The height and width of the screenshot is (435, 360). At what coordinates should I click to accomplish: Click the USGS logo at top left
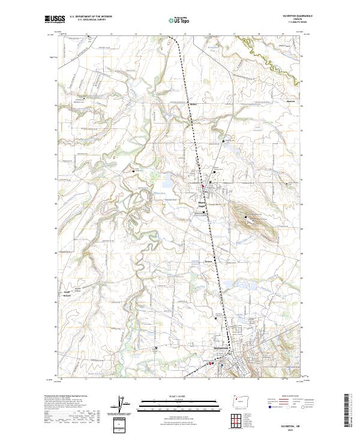pos(55,20)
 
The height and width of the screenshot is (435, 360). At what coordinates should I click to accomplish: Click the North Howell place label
pos(67,295)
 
